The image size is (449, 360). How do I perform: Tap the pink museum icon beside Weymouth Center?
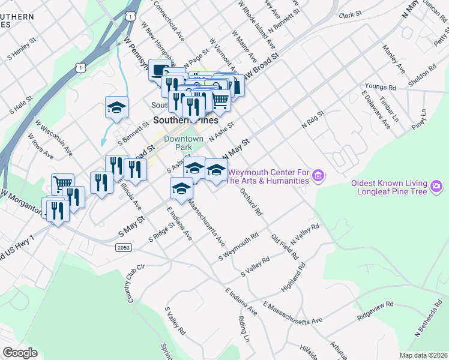(319, 176)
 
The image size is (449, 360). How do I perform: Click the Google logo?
(20, 352)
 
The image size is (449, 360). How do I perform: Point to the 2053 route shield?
(124, 247)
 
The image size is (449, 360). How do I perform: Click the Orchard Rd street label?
(251, 203)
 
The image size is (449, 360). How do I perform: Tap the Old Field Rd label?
(285, 247)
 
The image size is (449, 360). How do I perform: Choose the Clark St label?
(351, 14)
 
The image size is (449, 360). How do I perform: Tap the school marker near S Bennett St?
(116, 107)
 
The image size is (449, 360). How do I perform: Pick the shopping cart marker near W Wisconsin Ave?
(62, 183)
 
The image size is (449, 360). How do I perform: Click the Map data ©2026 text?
(424, 355)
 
